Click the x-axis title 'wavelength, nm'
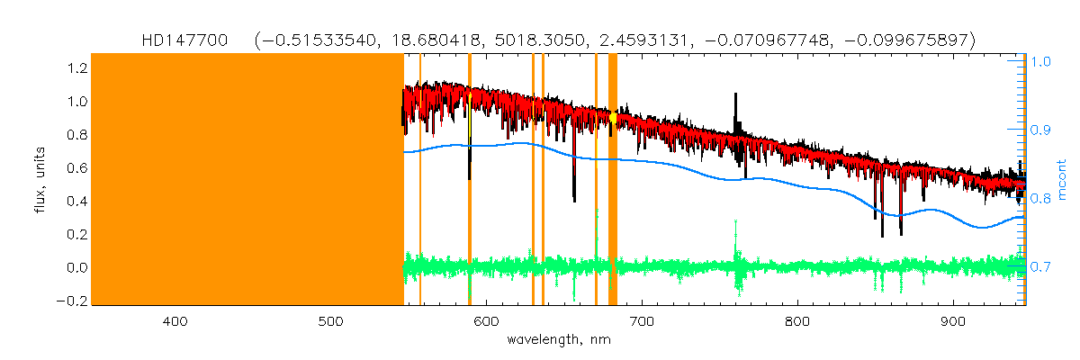[x=559, y=340]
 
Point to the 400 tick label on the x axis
[x=175, y=320]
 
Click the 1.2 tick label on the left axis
[x=76, y=68]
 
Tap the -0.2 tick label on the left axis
[x=72, y=301]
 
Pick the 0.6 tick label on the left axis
[x=76, y=168]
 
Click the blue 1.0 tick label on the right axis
[x=1041, y=63]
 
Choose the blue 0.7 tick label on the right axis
[x=1041, y=267]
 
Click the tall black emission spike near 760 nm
[x=736, y=103]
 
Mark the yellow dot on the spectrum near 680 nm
[x=613, y=117]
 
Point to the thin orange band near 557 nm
[x=420, y=180]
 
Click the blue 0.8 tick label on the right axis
[x=1041, y=199]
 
